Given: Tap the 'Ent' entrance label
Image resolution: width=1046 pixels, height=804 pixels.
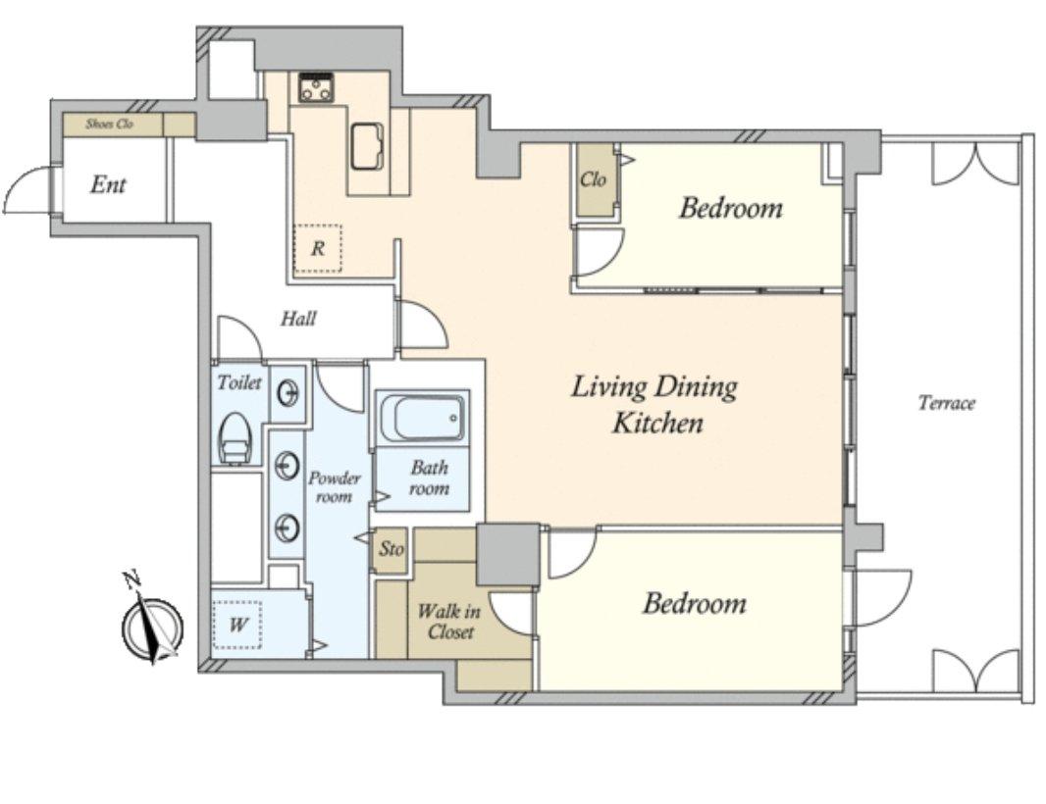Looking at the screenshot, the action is coord(108,184).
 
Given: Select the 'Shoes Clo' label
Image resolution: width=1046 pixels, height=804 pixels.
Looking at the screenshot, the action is coord(109,124).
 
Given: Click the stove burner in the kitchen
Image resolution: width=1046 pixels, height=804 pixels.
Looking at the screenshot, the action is coord(316,87).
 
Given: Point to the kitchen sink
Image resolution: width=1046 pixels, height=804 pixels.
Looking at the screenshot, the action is coord(366,146).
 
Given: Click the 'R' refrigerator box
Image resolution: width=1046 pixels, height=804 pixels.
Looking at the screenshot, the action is coord(318,248).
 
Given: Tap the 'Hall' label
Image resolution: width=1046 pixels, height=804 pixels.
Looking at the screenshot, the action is coord(298,319).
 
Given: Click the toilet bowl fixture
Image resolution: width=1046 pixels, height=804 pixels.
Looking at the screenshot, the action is coord(235,438).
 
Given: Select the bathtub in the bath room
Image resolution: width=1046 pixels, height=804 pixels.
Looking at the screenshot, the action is coord(422,419).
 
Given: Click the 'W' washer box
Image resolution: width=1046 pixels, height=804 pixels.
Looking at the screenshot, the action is coord(236,625).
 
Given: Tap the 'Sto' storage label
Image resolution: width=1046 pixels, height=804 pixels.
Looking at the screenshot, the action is coord(392,549).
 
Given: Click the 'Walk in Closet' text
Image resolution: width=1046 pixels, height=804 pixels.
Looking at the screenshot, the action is coord(447,621).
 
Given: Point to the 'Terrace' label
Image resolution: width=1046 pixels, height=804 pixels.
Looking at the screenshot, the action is coord(947,403).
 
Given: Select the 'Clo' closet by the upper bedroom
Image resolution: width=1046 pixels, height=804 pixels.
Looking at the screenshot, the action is coord(593,179).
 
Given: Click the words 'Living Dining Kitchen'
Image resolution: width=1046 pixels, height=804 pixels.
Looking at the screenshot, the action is coord(655,404).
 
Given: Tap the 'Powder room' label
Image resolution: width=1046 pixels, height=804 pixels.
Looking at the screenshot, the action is coord(335,487).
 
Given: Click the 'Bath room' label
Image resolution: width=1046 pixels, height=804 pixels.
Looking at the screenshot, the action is coord(429,478).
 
